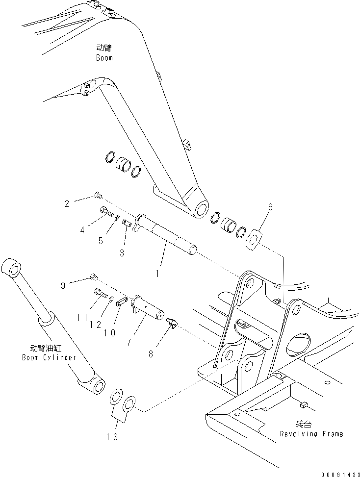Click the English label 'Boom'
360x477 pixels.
104,58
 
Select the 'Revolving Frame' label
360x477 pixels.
311,434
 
